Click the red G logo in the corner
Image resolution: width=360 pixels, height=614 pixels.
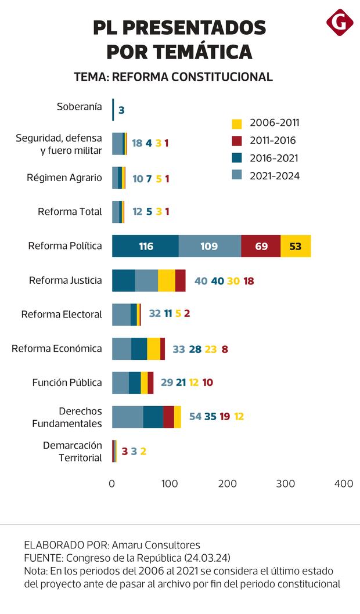[x=340, y=23]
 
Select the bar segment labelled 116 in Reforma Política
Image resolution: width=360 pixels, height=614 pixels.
[x=145, y=246]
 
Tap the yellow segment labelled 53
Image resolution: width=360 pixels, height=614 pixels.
[x=296, y=246]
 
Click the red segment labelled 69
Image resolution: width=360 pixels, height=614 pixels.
[x=261, y=246]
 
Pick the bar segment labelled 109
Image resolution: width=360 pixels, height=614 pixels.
[x=210, y=246]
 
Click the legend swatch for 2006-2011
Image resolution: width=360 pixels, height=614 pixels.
[x=236, y=124]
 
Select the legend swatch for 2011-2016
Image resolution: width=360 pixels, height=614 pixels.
[x=236, y=141]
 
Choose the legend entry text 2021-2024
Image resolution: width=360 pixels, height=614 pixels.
[x=275, y=176]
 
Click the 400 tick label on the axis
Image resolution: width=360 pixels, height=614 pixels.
[x=344, y=483]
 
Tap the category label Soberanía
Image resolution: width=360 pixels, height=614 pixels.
[x=80, y=107]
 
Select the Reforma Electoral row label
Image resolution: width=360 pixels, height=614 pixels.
[x=62, y=314]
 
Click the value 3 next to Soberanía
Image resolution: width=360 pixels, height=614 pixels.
[x=121, y=109]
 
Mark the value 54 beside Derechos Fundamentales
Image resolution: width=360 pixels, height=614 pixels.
[x=195, y=417]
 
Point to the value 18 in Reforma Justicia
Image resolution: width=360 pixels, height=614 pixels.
[x=249, y=281]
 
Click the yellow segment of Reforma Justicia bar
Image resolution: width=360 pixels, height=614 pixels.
[x=166, y=280]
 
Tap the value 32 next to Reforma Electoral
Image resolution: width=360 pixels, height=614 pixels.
[x=154, y=313]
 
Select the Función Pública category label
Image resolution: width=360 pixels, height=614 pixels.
[x=67, y=382]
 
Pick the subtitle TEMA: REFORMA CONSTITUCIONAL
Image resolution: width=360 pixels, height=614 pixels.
[x=174, y=77]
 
